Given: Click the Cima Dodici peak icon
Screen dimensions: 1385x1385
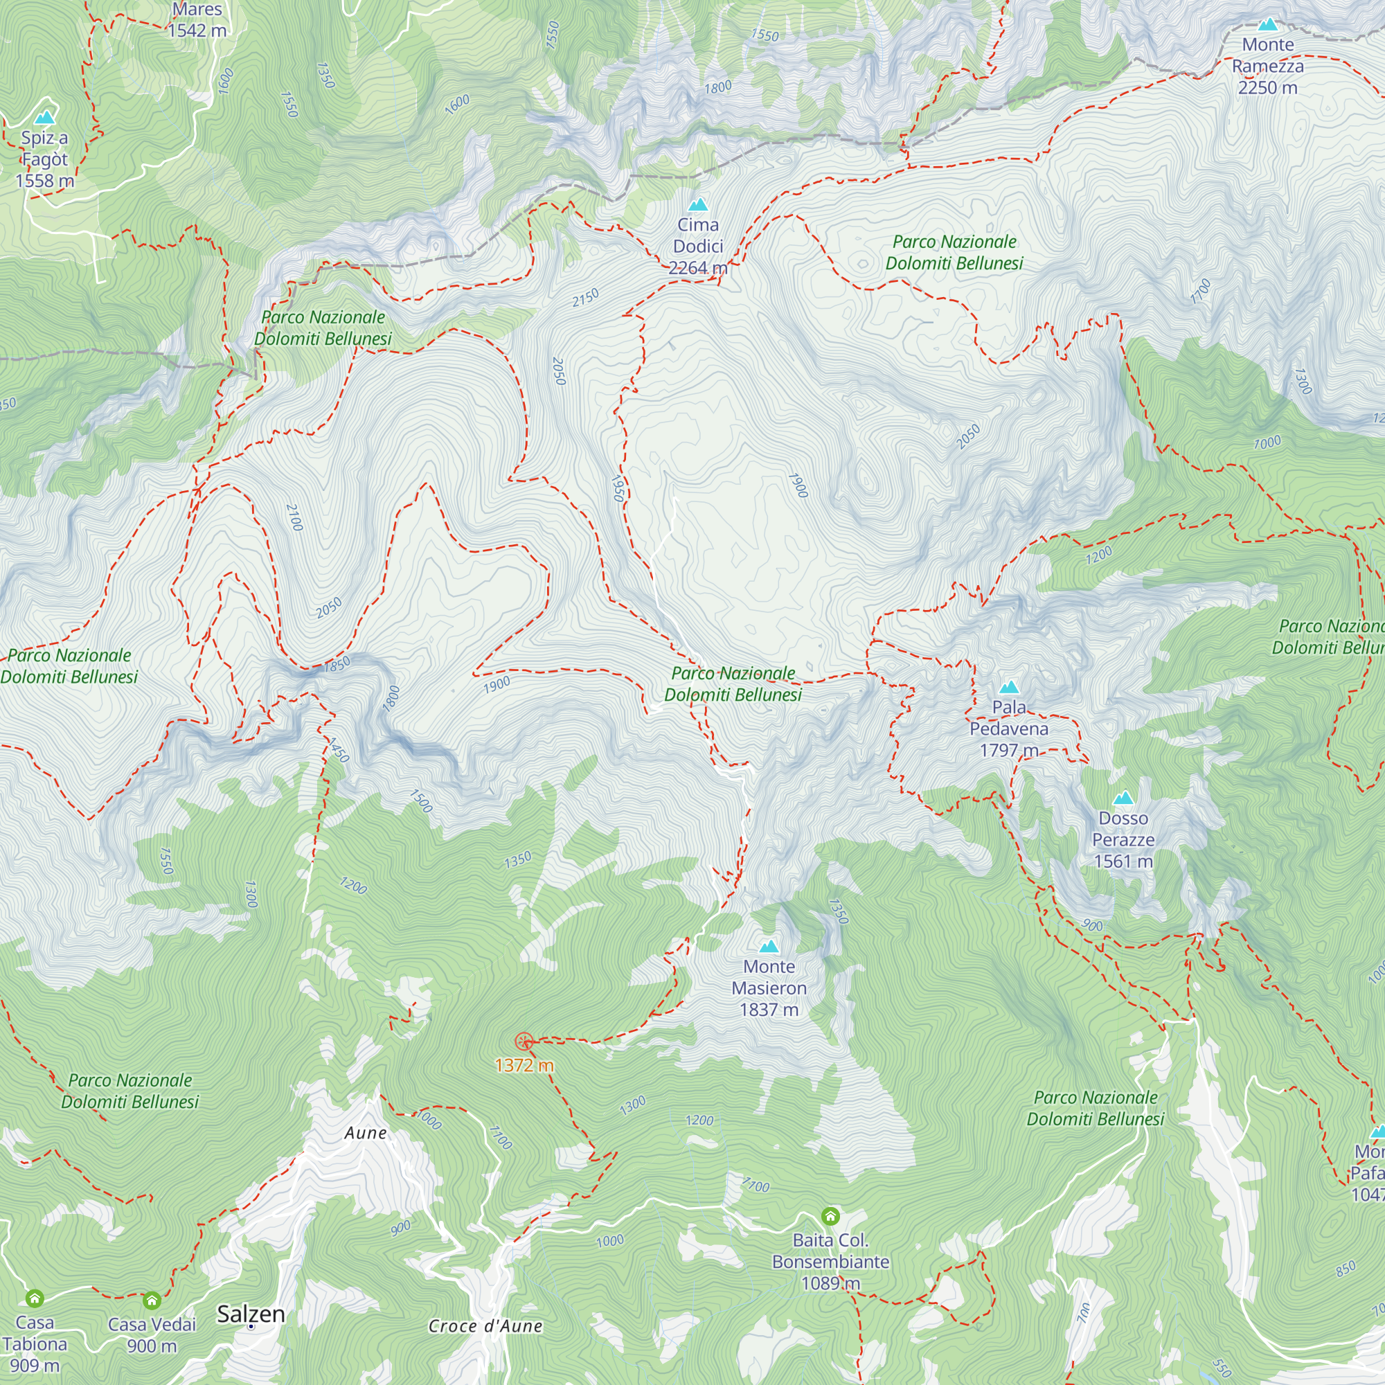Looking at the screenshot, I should pos(697,205).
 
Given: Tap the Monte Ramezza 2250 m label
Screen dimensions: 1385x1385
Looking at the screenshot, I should pos(1267,66).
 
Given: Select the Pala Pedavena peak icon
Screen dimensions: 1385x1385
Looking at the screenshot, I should pos(1009,688).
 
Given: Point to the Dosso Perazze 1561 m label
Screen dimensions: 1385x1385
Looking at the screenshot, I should pos(1123,839).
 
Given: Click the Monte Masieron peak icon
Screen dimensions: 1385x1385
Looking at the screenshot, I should pos(769,946).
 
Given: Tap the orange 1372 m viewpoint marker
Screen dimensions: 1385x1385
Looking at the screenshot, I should pos(524,1042).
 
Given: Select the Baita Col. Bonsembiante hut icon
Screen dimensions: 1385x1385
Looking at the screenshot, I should pos(830,1216).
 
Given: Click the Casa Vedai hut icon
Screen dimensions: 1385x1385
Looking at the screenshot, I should pos(151,1301).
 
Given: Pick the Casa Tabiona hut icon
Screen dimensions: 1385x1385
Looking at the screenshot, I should pos(35,1298).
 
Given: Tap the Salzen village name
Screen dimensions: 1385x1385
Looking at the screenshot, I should pos(251,1314).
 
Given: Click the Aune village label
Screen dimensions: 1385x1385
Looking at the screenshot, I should pos(366,1134).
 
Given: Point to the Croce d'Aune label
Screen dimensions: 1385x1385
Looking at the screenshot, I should pos(485,1326).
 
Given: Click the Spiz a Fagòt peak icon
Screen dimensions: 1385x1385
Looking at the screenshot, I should pos(45,117).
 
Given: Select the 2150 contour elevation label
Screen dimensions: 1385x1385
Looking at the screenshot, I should pos(585,298).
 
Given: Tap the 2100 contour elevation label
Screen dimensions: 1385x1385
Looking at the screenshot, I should pos(294,517).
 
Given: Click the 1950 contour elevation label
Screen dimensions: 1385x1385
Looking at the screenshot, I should pos(617,488).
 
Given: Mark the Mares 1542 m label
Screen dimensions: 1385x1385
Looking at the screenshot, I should pos(197,19).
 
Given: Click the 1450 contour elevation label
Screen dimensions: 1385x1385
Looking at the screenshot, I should pos(338,751).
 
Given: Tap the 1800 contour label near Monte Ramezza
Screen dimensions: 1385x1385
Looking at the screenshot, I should pos(717,87).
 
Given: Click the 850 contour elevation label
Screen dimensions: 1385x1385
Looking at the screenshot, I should pos(1346,1268).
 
